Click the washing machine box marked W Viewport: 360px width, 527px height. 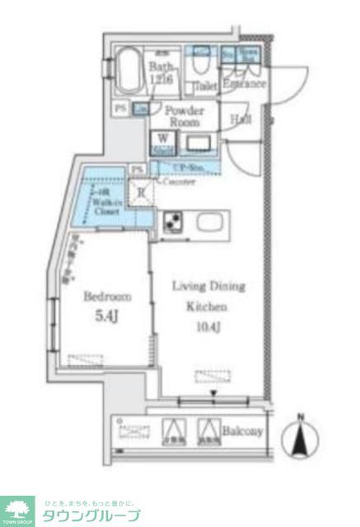(161, 143)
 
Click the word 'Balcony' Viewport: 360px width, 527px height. (242, 431)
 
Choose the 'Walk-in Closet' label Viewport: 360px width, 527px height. (108, 206)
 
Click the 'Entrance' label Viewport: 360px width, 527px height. (244, 83)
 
